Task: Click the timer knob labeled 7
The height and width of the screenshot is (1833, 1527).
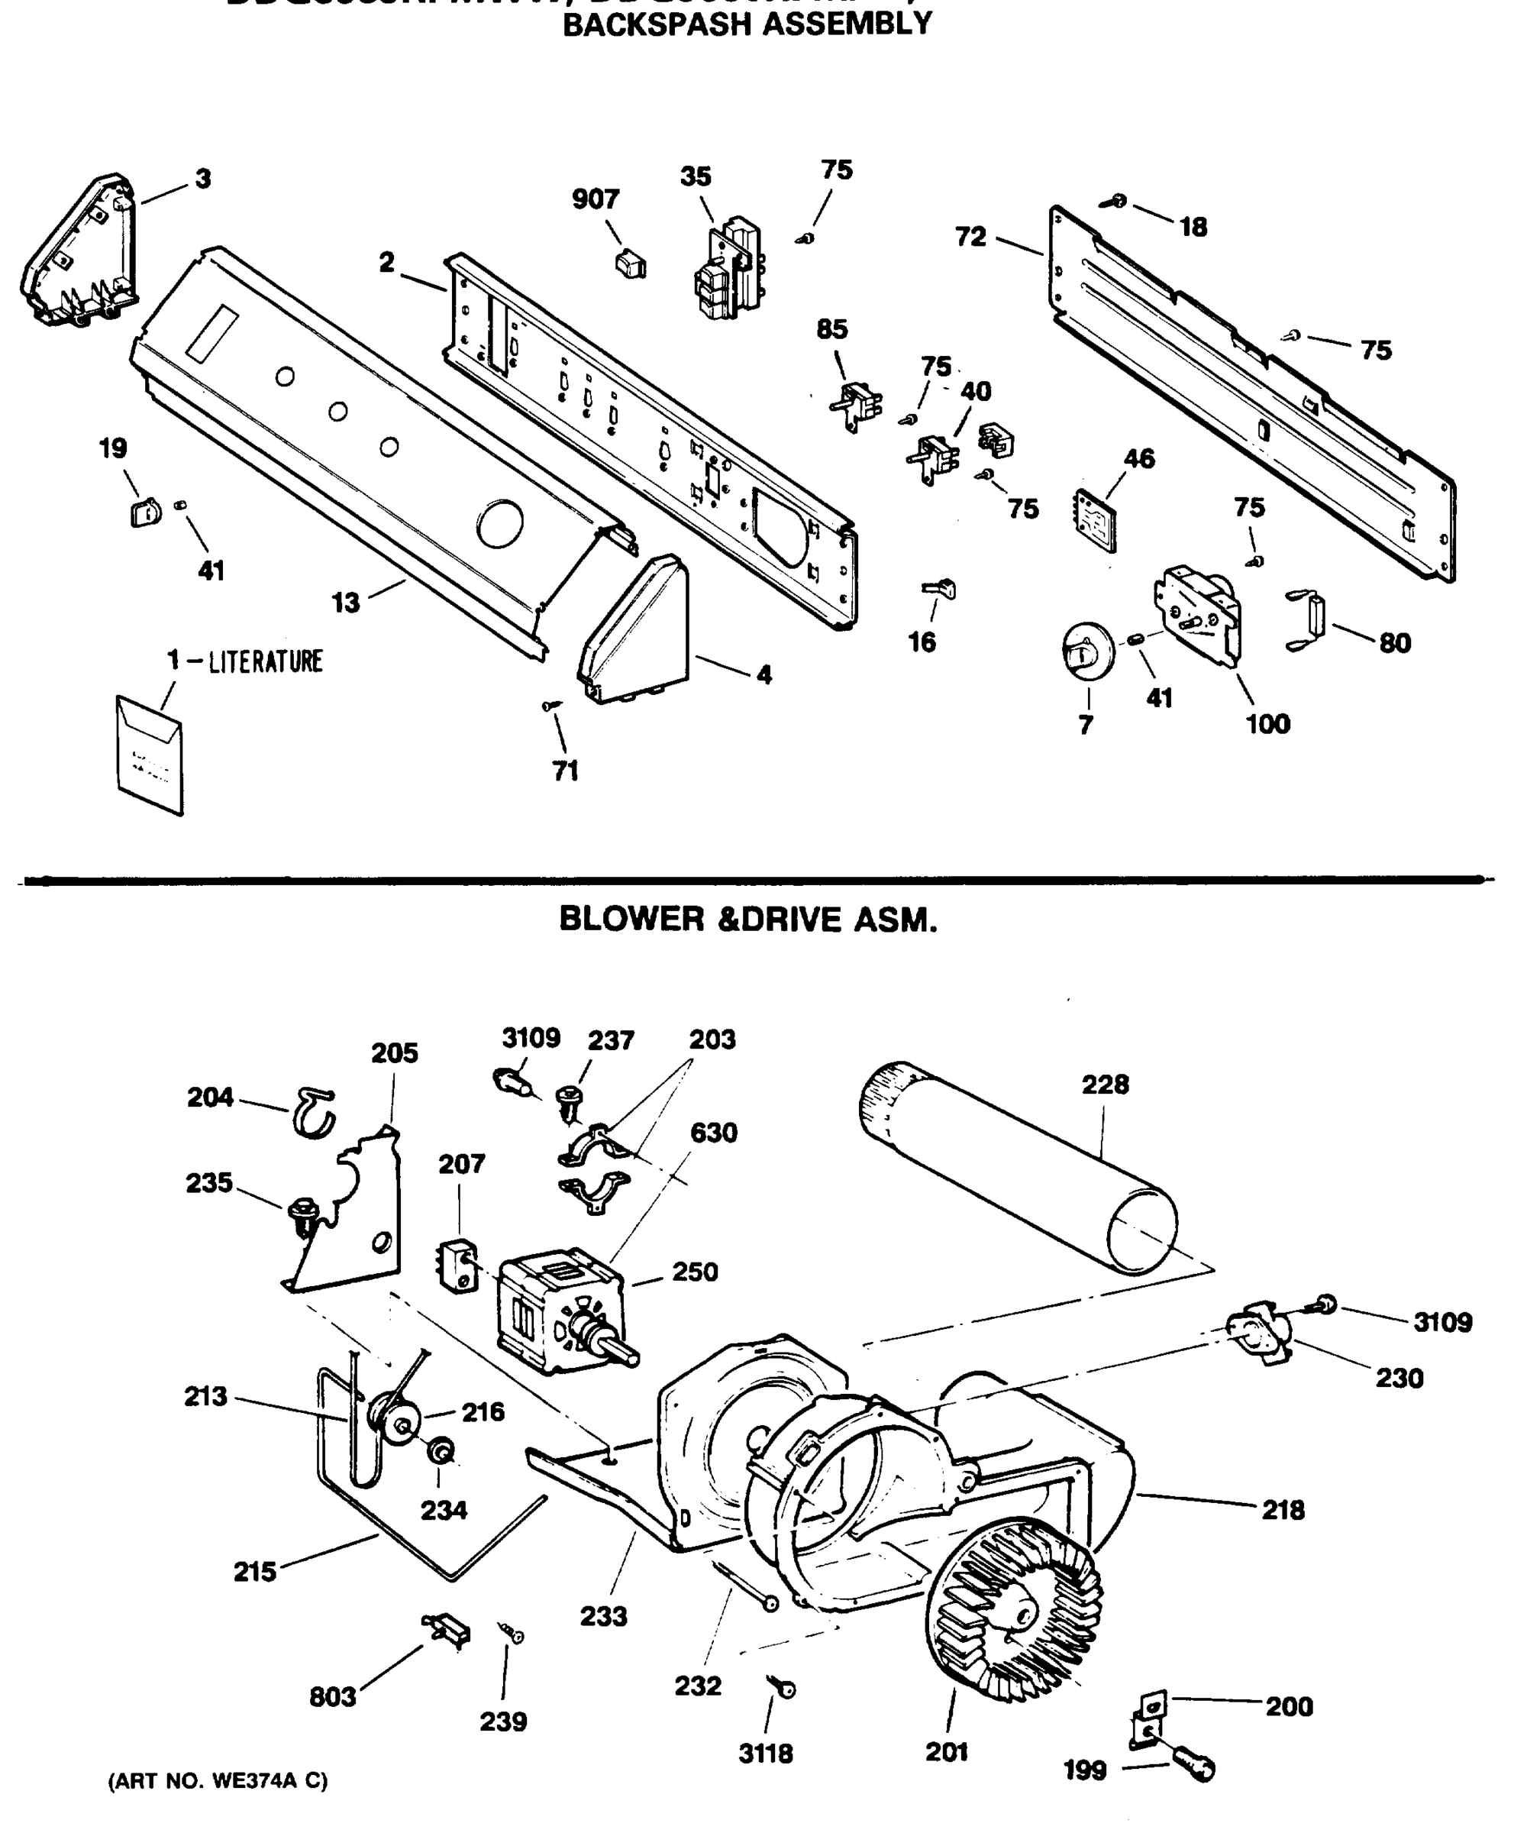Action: (1087, 649)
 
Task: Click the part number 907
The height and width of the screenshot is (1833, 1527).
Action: (596, 200)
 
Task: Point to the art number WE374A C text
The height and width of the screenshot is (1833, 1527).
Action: (218, 1780)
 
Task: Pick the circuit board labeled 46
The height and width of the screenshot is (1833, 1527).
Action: (1094, 520)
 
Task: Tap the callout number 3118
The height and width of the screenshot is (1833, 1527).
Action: (766, 1754)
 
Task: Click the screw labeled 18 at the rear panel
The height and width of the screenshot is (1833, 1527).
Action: (1115, 202)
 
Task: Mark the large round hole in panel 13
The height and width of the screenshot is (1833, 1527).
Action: (500, 524)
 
